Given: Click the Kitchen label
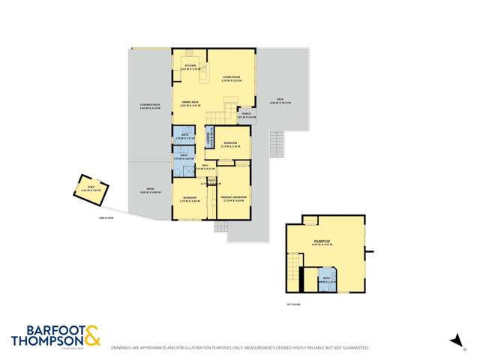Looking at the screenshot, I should pos(190,67).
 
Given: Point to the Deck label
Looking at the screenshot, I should pos(280,100).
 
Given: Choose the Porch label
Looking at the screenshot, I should pos(246,115).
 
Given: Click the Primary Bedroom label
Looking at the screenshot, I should pos(234,198).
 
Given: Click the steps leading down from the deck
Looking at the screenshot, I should pos(277,141).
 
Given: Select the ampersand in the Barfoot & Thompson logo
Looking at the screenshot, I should pos(91,336).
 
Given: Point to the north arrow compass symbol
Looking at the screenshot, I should pos(454,341).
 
